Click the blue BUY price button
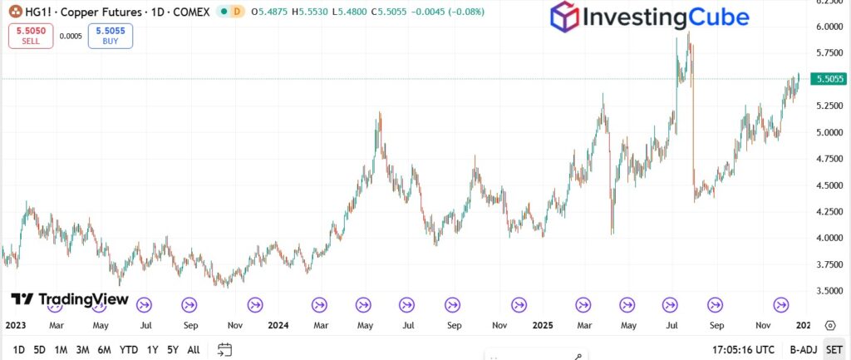point(110,36)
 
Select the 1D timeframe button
point(18,350)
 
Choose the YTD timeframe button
point(129,350)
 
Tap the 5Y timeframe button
point(172,350)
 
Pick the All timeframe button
point(194,350)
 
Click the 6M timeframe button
point(105,350)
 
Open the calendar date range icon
point(224,350)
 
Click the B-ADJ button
point(803,350)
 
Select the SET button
point(834,350)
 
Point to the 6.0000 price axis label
point(829,27)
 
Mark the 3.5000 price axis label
point(829,291)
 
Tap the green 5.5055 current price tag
point(830,79)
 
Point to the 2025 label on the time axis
point(543,326)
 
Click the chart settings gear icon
point(829,326)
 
